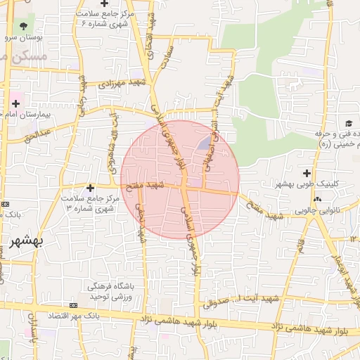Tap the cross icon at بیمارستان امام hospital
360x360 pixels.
point(15,103)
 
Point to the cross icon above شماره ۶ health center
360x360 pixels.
point(104,4)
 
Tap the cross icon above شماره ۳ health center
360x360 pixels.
point(90,188)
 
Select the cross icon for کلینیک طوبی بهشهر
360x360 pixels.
point(307,173)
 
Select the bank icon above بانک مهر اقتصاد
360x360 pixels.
point(74,306)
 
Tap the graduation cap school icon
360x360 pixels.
point(349,123)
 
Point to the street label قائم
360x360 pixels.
point(300,245)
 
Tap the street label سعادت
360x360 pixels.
point(167,60)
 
